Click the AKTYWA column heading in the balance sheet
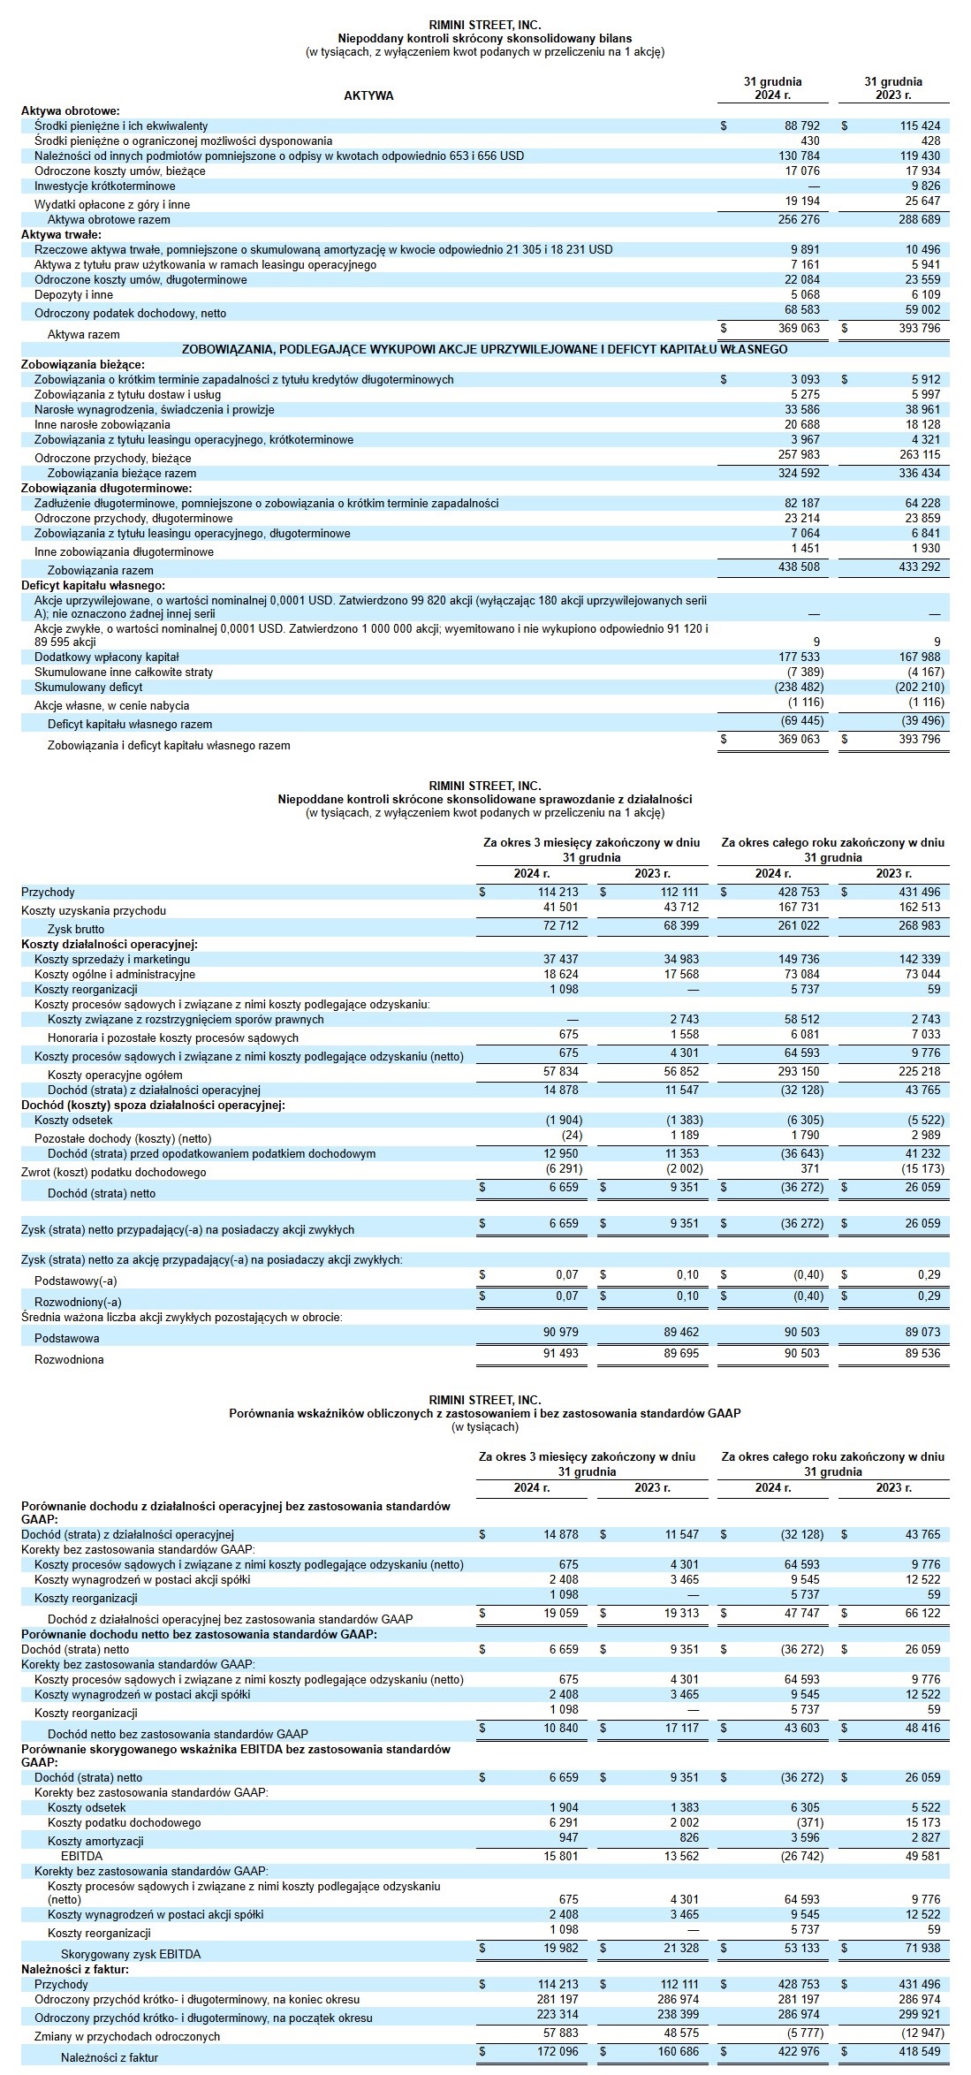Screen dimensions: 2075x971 368,95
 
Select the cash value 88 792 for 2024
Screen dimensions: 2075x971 802,126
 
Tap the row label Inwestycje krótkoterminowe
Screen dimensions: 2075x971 104,186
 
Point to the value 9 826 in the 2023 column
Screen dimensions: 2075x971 923,186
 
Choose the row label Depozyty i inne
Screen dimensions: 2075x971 73,295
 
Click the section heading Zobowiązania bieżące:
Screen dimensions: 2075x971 83,364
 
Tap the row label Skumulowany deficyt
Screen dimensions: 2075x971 88,687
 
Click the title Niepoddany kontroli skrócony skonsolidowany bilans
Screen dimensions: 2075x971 484,38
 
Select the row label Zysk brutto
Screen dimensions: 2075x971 76,929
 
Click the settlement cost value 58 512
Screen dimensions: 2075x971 802,1019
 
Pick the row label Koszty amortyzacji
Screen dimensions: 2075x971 95,1840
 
